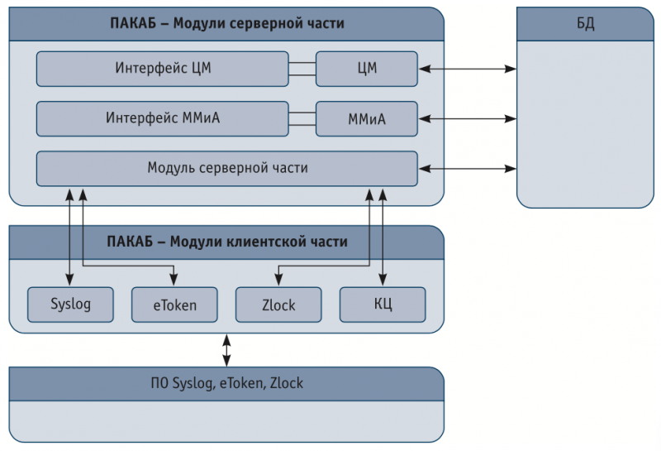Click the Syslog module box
tap(70, 305)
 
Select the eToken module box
tap(174, 305)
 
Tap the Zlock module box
tap(278, 305)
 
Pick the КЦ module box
tap(383, 305)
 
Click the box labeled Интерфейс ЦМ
tap(162, 69)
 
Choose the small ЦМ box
tap(367, 69)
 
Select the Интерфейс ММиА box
tap(162, 118)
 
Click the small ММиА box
tap(367, 119)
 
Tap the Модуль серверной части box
tap(227, 168)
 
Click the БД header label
tap(585, 23)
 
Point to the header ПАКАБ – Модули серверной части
tap(226, 23)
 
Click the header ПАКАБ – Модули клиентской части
tap(226, 242)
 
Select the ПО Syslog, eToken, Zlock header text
tap(226, 383)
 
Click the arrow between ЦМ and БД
tap(468, 70)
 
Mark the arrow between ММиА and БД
tap(468, 119)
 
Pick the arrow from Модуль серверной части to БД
tap(468, 169)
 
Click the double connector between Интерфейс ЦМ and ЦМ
tap(302, 69)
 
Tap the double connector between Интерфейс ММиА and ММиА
tap(302, 118)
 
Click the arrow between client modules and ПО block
tap(226, 350)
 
